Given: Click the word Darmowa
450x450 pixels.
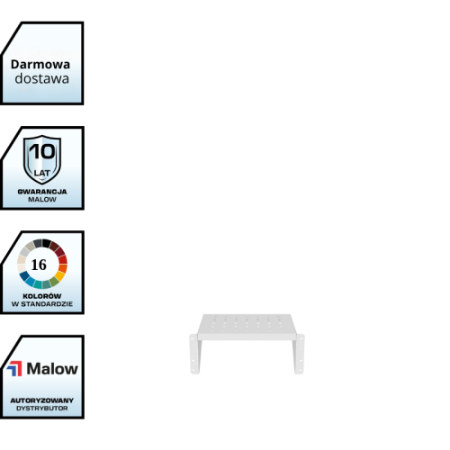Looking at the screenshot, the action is tap(40, 65).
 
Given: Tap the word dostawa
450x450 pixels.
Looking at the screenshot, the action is tap(42, 78).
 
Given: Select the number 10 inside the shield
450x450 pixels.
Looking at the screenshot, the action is tap(42, 151).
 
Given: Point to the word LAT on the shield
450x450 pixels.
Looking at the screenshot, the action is tap(42, 173).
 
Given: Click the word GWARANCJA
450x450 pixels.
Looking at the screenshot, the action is tap(42, 192).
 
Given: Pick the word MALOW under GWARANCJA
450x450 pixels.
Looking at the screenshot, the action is tap(42, 200).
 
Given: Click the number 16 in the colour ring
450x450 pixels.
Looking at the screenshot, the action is tap(39, 265).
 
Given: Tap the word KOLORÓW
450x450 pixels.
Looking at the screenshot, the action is tap(42, 296).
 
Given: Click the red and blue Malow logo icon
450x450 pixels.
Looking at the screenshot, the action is tap(14, 368).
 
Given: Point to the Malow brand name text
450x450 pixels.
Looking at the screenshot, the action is tap(52, 368).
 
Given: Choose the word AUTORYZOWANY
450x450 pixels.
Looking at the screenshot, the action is tap(42, 400).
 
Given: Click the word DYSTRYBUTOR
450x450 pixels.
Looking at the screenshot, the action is tap(42, 409).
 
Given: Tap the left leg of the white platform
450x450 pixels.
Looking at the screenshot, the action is tap(194, 354).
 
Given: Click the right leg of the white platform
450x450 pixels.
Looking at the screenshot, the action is tap(299, 354).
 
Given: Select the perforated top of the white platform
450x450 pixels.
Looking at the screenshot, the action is tap(247, 324).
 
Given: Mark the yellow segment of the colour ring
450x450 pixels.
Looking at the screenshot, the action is tap(59, 275).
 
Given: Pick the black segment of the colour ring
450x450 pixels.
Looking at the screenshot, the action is tap(47, 243).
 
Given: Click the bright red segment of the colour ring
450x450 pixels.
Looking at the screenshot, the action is tap(63, 259).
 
